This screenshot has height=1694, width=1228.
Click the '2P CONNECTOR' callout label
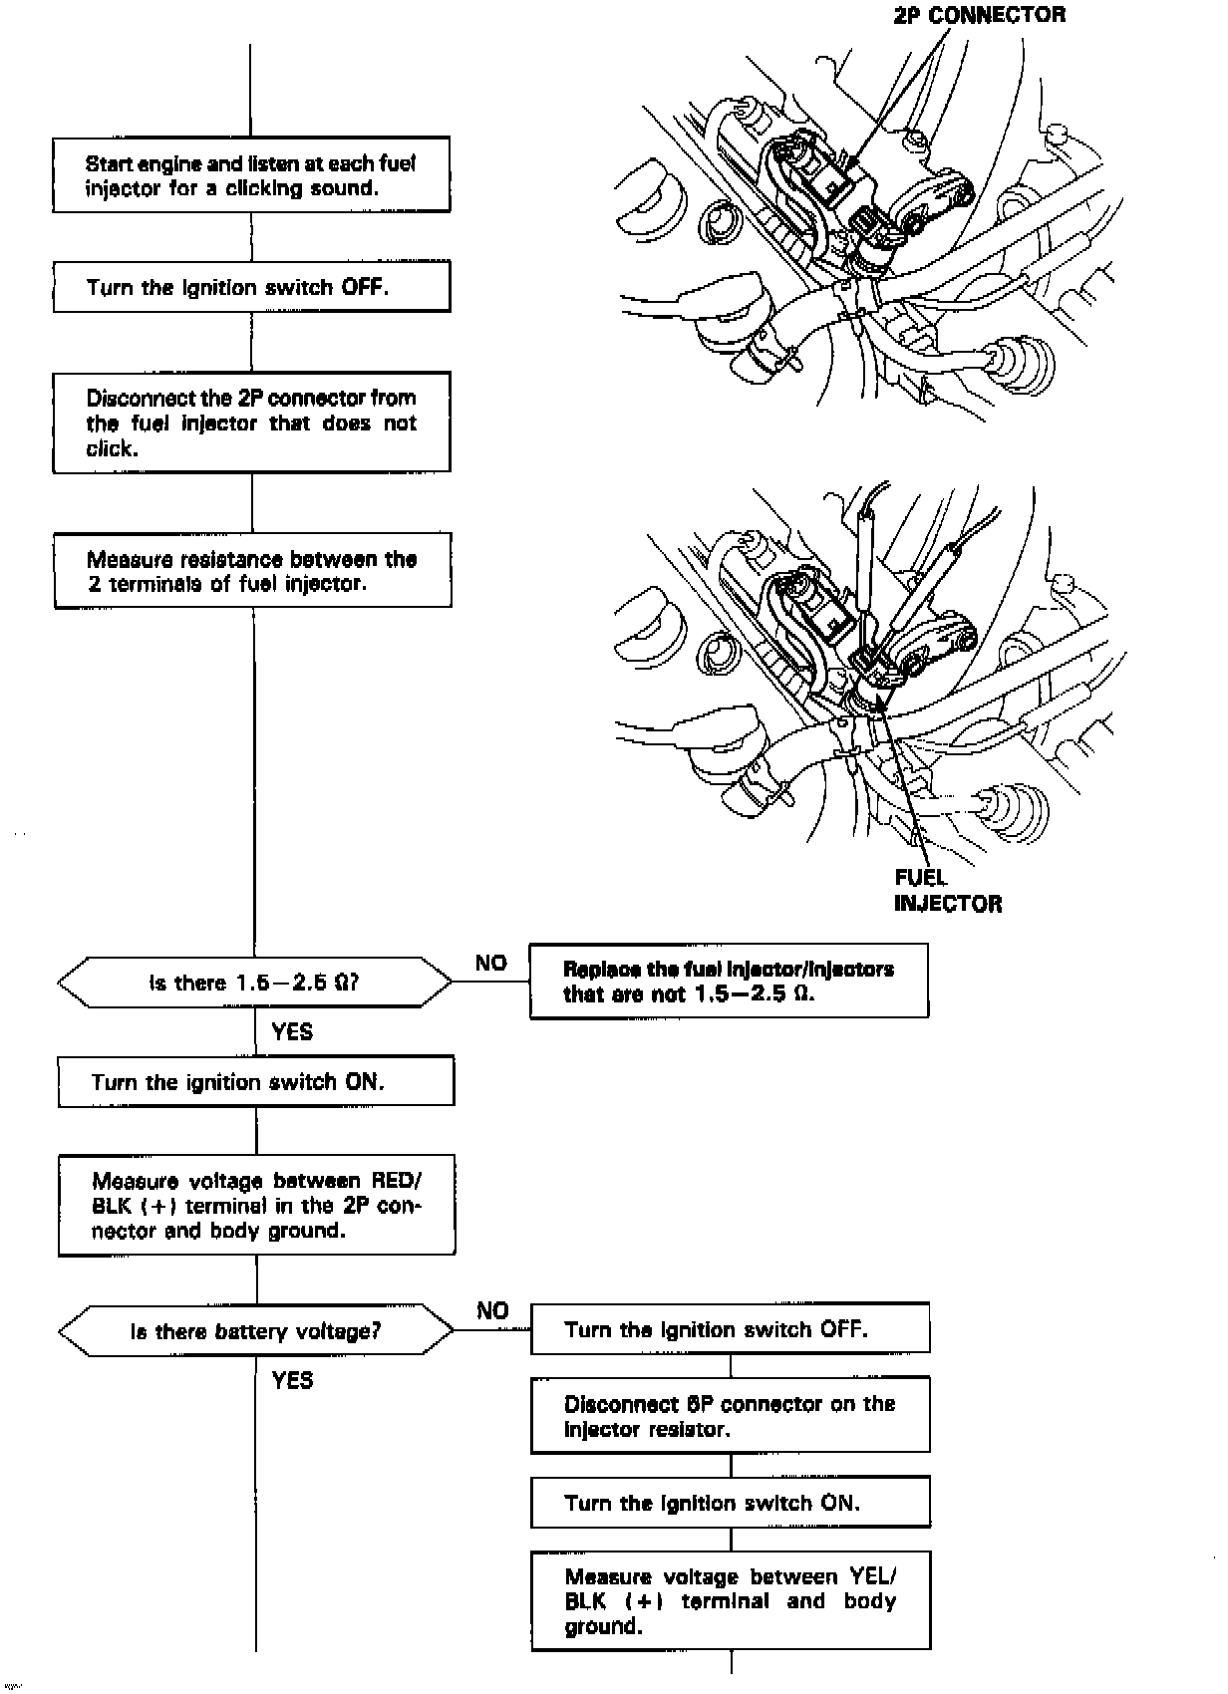tap(979, 15)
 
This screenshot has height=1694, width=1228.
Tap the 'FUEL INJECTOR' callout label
tap(947, 891)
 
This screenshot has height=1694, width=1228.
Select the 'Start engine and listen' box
tap(251, 175)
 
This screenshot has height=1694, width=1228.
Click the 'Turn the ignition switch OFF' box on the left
tap(251, 287)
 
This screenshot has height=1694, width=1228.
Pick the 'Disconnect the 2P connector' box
tap(251, 423)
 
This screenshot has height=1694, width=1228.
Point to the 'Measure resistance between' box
tap(252, 571)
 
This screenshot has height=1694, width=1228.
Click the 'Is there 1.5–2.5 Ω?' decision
tap(254, 983)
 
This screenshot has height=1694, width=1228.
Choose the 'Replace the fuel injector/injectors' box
tap(729, 982)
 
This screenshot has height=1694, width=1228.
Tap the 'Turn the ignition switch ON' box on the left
tap(256, 1082)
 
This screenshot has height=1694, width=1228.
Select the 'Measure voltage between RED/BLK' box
tap(256, 1206)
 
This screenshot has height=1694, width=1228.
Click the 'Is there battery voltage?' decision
tap(255, 1331)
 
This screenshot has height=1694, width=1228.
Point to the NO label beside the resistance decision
tap(491, 963)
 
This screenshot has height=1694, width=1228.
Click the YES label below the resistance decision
tap(292, 1032)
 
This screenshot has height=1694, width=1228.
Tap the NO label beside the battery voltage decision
tap(492, 1310)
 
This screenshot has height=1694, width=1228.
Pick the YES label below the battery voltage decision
tap(292, 1380)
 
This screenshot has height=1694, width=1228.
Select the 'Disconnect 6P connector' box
tap(730, 1416)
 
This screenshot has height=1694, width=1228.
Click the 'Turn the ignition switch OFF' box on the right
tap(730, 1329)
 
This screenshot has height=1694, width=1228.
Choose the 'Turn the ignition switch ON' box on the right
tap(730, 1503)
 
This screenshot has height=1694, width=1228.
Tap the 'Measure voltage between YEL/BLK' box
tap(730, 1601)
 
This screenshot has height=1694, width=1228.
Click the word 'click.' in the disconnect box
tap(110, 449)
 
